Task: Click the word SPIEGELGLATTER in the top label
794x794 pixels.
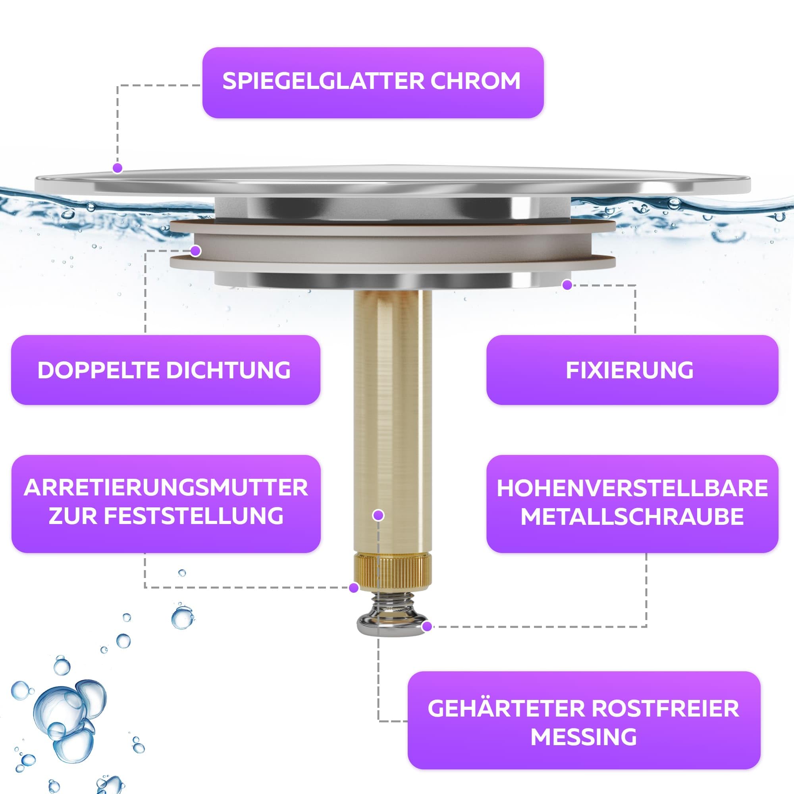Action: [x=324, y=81]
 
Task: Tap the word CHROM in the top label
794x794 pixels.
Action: [x=476, y=81]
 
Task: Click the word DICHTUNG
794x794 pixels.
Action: [x=228, y=370]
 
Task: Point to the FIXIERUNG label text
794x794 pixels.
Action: [x=630, y=370]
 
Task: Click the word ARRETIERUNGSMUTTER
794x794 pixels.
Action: [x=166, y=488]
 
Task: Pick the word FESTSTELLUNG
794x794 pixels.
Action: [x=194, y=516]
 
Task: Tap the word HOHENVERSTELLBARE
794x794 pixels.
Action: [x=632, y=488]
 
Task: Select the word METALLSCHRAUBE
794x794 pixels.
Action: [x=632, y=516]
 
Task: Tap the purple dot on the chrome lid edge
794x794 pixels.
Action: [x=118, y=168]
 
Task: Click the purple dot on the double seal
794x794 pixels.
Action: [x=196, y=251]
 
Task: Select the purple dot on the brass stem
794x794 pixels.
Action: [x=378, y=515]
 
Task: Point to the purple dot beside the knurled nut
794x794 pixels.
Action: [x=353, y=588]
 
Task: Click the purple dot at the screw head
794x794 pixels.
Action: [x=427, y=626]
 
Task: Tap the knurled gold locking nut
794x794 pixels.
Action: [x=393, y=572]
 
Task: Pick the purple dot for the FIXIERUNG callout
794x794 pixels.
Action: [x=567, y=285]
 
